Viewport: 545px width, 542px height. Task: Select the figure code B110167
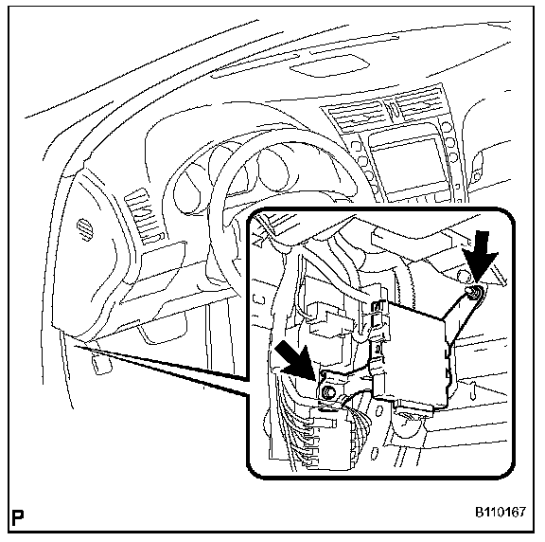coord(501,512)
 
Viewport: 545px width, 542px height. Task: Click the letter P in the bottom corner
coord(17,518)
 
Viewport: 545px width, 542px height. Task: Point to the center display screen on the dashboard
coord(409,164)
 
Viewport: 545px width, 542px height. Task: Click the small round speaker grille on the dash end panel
coord(85,229)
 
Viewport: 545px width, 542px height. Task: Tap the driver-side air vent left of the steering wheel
coord(143,217)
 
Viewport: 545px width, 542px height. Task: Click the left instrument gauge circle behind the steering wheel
coord(189,190)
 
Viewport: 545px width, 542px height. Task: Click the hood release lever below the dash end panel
coord(101,364)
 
